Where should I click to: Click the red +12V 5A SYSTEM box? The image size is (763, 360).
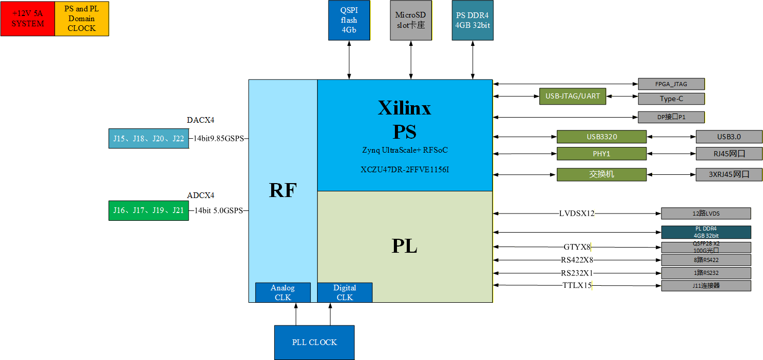28,19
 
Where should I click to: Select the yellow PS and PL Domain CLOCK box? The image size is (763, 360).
82,19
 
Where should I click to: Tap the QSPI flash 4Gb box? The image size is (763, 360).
349,20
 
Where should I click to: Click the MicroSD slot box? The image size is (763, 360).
411,20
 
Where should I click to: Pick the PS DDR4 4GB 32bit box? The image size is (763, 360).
472,20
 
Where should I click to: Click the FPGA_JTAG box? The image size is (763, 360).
671,84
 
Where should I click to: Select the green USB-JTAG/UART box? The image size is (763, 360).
573,96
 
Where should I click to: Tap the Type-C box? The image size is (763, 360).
671,99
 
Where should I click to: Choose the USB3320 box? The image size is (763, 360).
602,137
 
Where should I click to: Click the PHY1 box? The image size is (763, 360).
602,154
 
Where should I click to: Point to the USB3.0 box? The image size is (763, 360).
729,137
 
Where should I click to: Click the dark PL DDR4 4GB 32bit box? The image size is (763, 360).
706,232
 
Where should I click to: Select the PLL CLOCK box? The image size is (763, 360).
314,342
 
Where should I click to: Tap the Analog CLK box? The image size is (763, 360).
283,292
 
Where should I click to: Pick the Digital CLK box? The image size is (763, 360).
345,292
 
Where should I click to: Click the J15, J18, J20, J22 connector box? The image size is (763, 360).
148,138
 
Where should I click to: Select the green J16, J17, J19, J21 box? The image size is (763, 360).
148,210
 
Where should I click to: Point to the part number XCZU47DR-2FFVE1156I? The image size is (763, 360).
405,170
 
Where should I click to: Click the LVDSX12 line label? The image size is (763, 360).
577,214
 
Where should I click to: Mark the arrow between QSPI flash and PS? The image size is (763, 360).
349,60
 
